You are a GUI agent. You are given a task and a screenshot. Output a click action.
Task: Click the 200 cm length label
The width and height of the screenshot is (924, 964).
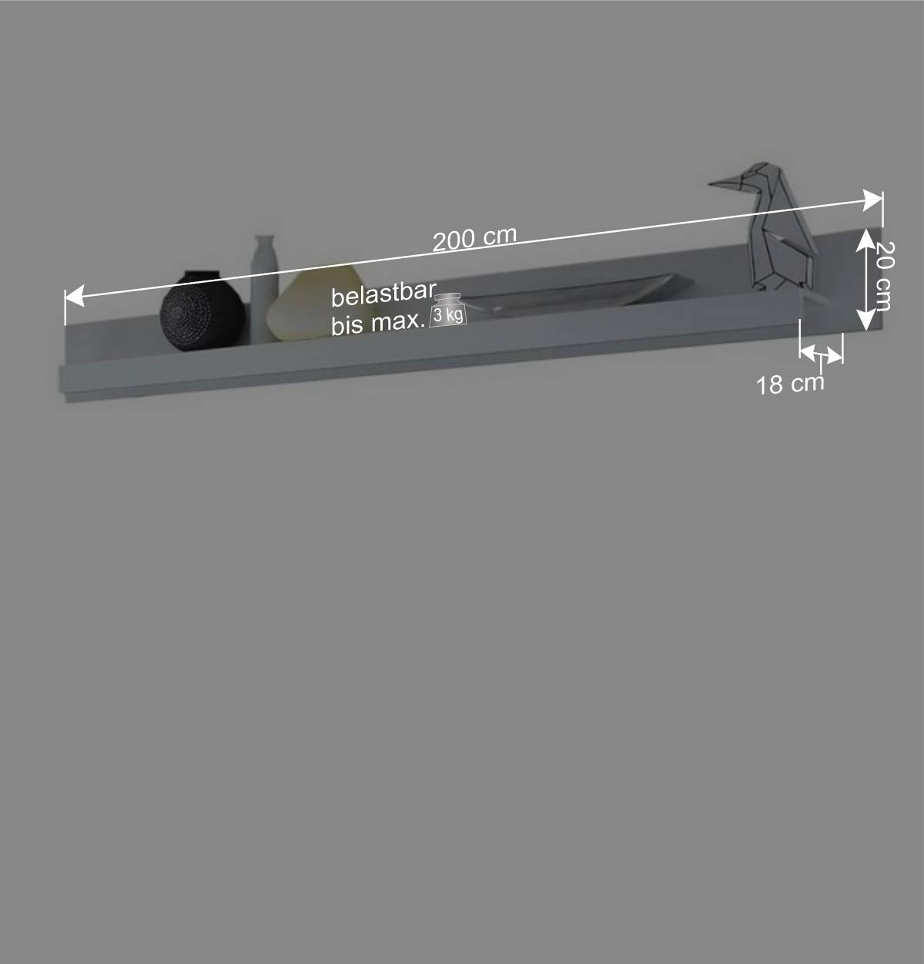pos(474,238)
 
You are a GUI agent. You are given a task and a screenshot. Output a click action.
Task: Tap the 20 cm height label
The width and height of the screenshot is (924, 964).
pos(883,276)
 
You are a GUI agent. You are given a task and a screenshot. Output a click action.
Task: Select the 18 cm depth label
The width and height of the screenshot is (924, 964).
pos(790,384)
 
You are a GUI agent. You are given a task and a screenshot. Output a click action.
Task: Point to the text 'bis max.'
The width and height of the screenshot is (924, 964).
pos(378,324)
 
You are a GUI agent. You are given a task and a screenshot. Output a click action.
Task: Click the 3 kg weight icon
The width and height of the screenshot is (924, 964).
pos(448,311)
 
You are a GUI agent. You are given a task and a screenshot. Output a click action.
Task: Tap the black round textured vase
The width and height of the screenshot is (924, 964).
pos(203,311)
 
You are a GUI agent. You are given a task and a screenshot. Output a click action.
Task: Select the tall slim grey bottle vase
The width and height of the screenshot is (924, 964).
pos(265,287)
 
